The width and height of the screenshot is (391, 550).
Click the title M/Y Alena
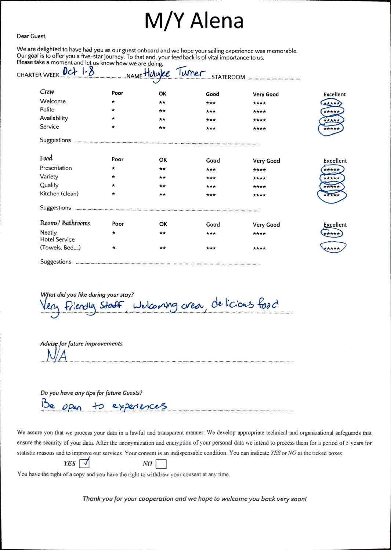(194, 21)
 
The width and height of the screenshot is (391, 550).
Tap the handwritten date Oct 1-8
(78, 71)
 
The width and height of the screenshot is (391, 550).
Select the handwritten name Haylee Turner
(174, 73)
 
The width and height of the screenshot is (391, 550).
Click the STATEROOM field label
(228, 77)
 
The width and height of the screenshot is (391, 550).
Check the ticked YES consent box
(84, 463)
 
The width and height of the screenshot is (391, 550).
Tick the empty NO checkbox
(161, 464)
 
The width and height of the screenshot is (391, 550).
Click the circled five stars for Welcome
(331, 103)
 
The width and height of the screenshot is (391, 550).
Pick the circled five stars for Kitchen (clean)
(332, 195)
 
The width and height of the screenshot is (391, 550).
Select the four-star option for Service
(259, 129)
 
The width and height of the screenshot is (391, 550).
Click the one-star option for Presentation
(113, 169)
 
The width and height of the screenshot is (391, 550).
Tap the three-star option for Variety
(211, 178)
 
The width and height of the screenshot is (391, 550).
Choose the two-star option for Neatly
(162, 233)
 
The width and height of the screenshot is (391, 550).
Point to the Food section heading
(46, 158)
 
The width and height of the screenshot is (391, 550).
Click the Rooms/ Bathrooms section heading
(65, 223)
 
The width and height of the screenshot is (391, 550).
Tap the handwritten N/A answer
(57, 355)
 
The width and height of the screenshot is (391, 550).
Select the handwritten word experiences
(140, 406)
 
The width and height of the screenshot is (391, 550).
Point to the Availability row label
(54, 118)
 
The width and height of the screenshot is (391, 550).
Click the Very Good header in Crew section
(265, 94)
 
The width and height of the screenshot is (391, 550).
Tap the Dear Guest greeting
(32, 36)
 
